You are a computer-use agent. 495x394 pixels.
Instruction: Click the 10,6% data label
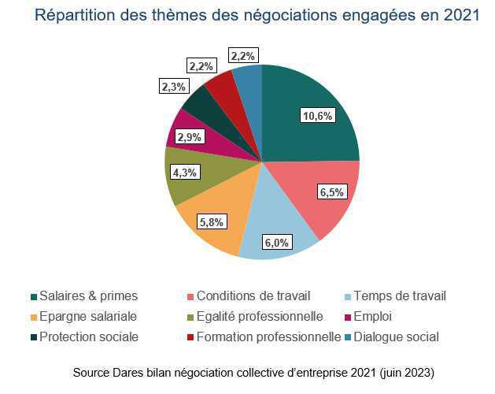(318, 116)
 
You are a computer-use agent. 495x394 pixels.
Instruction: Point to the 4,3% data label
(186, 171)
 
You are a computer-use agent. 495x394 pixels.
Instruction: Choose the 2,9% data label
(189, 136)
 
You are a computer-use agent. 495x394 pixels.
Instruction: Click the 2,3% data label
(173, 87)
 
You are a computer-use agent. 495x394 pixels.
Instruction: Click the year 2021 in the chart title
(459, 16)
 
